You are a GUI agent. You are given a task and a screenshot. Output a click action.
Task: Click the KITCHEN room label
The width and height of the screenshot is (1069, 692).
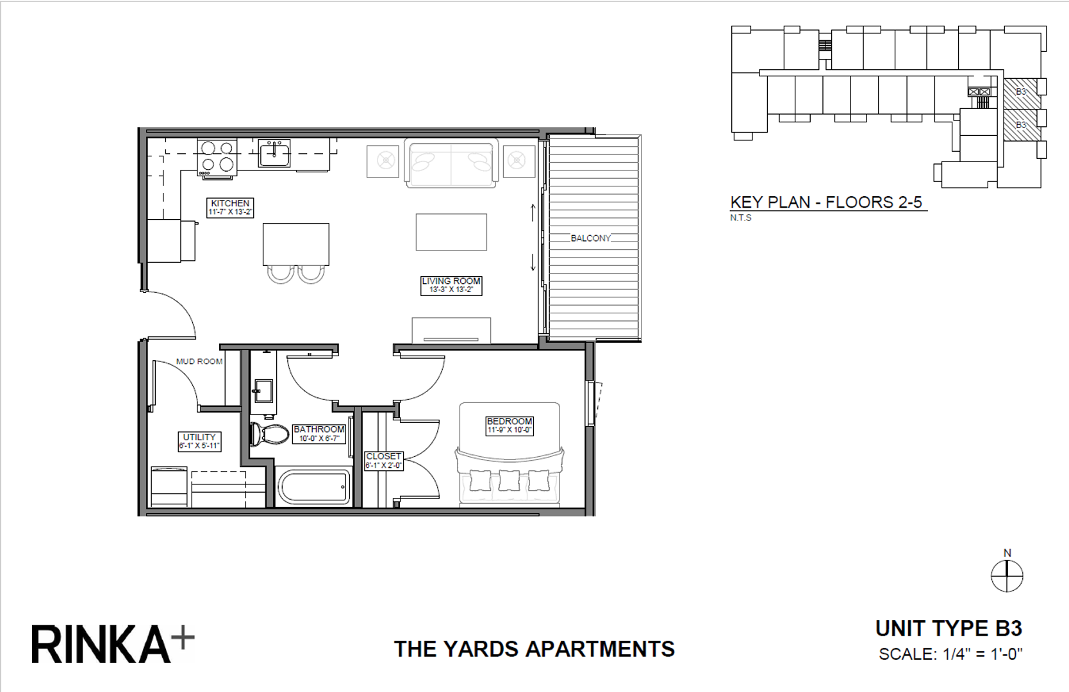230,207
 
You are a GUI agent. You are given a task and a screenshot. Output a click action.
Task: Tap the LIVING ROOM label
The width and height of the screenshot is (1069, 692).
451,285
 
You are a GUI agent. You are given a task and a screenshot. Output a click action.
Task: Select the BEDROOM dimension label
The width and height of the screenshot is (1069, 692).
510,425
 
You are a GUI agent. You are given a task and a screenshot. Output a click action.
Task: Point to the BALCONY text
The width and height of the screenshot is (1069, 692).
590,238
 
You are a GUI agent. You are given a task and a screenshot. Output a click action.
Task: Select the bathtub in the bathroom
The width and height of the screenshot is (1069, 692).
315,488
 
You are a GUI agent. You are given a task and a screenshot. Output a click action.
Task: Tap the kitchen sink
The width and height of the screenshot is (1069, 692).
274,153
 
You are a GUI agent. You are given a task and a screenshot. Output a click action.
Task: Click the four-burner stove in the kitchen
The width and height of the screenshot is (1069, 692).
217,157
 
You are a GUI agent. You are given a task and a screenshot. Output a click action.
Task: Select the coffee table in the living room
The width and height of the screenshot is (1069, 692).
451,232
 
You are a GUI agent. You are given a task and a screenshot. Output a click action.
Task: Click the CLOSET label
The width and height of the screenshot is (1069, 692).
383,461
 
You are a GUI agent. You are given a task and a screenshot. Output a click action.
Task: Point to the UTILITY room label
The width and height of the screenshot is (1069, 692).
199,441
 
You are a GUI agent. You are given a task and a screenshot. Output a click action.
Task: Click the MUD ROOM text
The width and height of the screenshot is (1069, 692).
199,361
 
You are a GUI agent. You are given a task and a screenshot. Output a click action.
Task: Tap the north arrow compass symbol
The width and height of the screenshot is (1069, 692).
1007,575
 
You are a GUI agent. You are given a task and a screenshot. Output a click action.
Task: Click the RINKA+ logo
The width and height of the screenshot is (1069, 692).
113,644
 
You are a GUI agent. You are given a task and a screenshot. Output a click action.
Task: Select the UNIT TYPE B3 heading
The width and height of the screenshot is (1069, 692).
949,629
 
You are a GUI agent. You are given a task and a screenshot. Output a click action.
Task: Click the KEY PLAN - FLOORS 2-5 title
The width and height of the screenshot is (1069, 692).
826,202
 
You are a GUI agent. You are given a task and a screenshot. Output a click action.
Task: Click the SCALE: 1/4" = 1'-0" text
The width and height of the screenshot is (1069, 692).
950,654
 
